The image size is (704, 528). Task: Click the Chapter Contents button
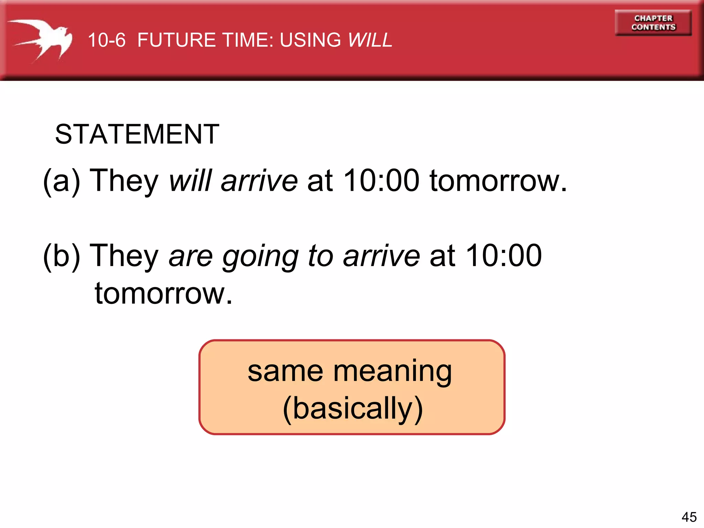click(653, 23)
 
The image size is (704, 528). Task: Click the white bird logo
click(43, 40)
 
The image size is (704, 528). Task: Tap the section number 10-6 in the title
click(107, 40)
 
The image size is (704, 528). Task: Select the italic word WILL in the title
click(370, 40)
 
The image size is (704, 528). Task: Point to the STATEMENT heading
click(137, 134)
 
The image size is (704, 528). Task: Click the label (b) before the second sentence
click(62, 256)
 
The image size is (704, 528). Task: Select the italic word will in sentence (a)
click(190, 180)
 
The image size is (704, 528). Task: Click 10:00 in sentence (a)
click(382, 180)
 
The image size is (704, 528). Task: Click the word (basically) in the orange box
click(352, 409)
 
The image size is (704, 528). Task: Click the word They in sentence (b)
click(124, 256)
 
